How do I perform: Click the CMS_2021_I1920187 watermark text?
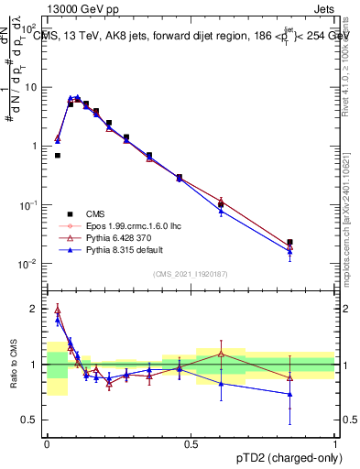(x=191, y=273)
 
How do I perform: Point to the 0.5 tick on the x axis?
(x=191, y=442)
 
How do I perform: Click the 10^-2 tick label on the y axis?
(x=27, y=264)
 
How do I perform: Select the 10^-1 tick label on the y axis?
(x=27, y=205)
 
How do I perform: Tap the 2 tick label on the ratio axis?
(x=35, y=309)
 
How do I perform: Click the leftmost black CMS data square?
(x=58, y=156)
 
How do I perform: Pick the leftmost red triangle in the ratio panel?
(x=58, y=310)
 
